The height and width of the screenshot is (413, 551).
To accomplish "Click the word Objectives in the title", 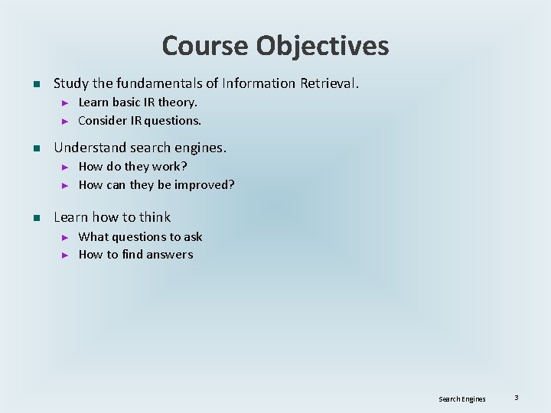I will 322,46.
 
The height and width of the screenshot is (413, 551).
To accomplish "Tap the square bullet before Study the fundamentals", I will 35,83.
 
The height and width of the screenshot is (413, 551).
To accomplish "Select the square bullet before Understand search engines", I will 35,148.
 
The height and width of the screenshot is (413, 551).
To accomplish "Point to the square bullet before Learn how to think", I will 35,218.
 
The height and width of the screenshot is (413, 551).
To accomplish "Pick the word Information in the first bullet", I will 258,83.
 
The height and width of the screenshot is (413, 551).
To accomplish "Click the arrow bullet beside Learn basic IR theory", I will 65,102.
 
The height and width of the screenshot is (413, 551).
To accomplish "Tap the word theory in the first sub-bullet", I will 178,102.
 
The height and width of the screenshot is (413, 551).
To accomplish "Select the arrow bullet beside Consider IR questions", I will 65,121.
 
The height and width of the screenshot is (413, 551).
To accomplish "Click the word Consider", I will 102,120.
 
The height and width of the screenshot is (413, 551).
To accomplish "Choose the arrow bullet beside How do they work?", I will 65,167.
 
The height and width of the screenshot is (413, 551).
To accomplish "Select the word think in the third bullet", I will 155,217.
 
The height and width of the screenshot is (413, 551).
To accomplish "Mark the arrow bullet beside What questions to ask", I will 65,237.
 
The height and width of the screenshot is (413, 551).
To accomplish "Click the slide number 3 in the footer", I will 517,398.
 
